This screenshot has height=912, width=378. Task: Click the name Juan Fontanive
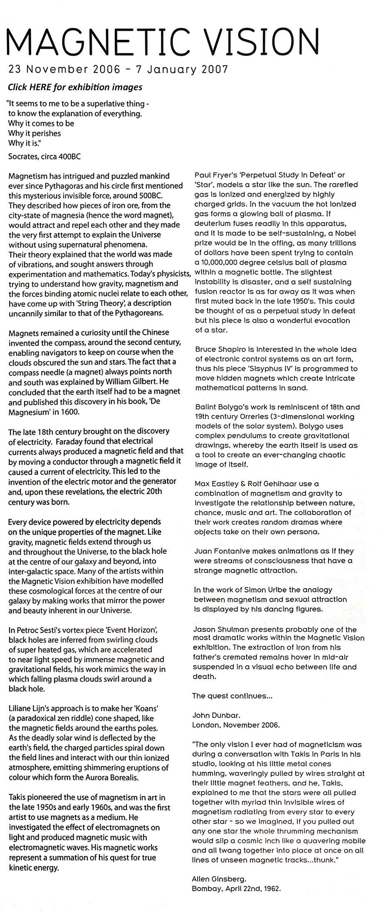tap(219, 551)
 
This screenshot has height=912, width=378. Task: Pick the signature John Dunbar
tap(210, 715)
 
